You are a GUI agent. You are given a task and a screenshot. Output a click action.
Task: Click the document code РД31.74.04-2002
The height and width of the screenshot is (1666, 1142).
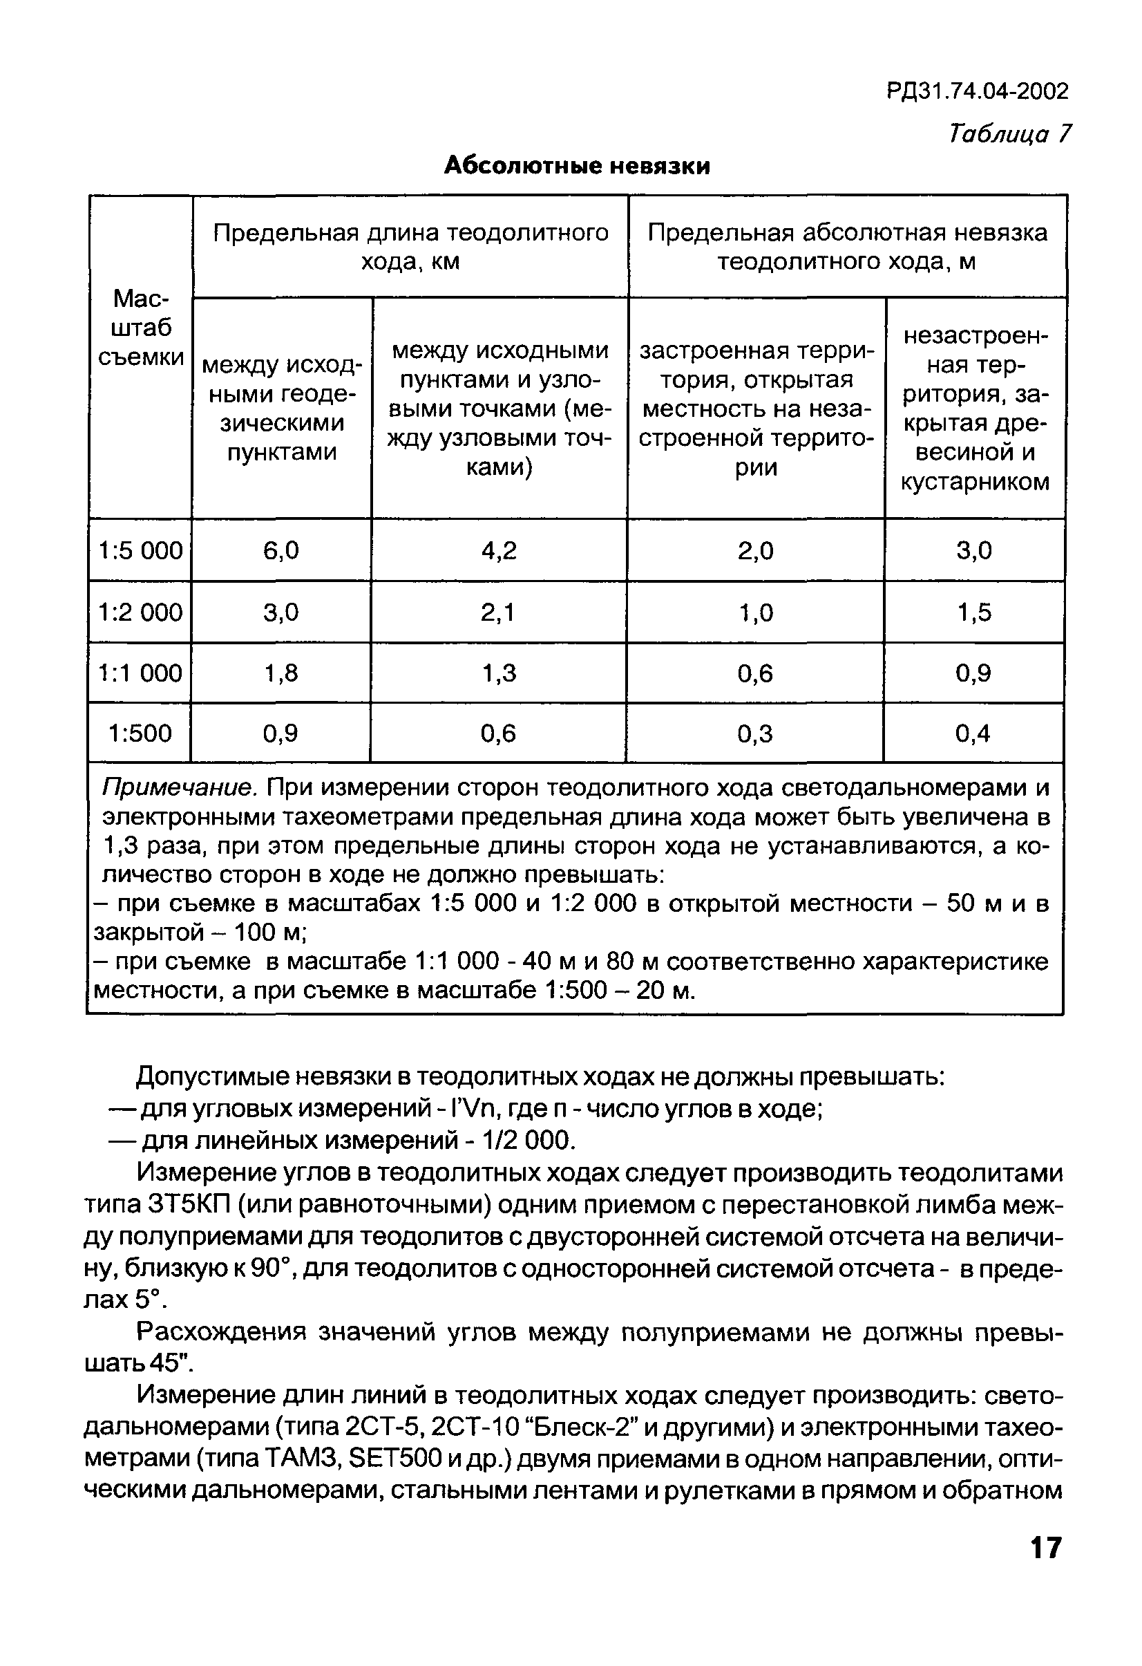click(977, 91)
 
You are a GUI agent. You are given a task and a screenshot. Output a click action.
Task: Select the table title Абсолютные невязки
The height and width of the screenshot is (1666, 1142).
click(577, 166)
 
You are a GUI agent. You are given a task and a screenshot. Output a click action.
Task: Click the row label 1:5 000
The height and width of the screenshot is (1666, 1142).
click(140, 550)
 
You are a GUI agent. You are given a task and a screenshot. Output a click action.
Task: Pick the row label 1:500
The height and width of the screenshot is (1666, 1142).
click(140, 733)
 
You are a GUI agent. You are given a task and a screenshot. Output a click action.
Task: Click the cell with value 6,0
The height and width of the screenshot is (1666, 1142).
click(281, 550)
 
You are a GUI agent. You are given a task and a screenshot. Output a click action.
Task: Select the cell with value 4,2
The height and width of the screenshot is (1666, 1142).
click(499, 550)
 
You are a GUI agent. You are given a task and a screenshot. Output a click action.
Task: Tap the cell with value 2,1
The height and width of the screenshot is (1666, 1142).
click(499, 612)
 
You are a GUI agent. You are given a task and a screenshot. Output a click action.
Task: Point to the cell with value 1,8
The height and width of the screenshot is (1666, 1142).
click(281, 673)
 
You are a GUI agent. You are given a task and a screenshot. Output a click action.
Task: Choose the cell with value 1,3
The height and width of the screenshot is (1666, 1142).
click(499, 673)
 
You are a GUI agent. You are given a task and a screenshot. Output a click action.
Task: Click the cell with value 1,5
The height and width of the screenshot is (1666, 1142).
click(974, 612)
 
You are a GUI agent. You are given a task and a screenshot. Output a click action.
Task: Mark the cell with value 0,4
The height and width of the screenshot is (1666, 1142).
click(973, 733)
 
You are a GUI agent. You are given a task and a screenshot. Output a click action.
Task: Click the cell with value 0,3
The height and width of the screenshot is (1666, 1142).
click(755, 733)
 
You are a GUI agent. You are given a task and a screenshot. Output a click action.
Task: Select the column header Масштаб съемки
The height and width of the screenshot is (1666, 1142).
click(140, 328)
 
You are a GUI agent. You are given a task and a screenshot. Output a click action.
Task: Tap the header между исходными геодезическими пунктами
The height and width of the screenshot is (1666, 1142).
click(282, 409)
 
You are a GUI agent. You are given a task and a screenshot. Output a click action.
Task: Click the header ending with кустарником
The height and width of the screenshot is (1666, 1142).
click(974, 409)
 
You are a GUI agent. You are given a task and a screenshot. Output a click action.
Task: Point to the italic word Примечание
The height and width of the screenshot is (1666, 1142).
click(179, 787)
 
